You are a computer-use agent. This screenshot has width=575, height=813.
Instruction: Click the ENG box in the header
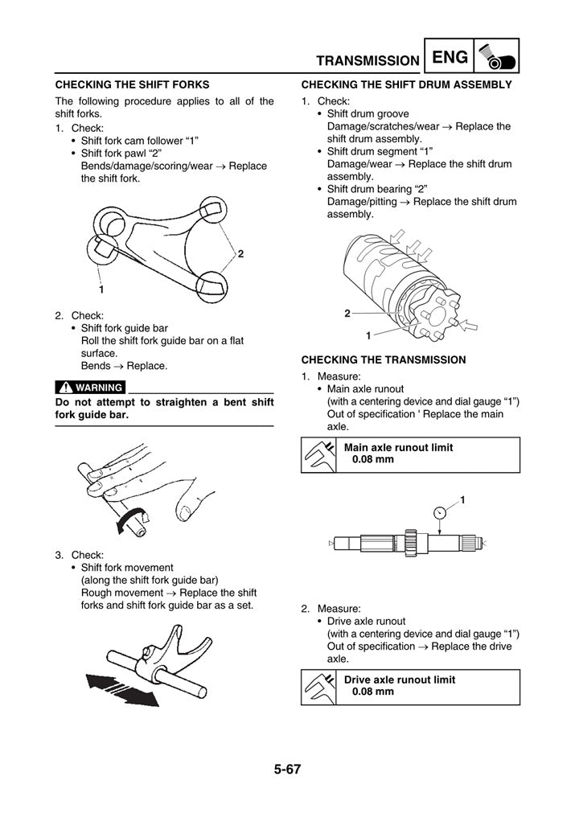pyautogui.click(x=449, y=57)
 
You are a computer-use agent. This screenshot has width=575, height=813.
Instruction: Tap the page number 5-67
pyautogui.click(x=287, y=769)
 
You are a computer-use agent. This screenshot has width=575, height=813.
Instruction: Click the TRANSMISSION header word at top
pyautogui.click(x=368, y=60)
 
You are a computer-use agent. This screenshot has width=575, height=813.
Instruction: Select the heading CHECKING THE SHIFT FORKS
pyautogui.click(x=132, y=84)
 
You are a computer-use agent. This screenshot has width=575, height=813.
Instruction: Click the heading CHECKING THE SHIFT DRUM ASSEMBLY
pyautogui.click(x=406, y=84)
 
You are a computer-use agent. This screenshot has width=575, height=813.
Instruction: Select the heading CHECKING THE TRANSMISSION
pyautogui.click(x=383, y=359)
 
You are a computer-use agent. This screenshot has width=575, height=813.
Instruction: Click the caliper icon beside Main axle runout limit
pyautogui.click(x=318, y=454)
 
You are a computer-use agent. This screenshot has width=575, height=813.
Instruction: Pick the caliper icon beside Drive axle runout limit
pyautogui.click(x=318, y=686)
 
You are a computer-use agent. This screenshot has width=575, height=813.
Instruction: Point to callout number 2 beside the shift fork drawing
pyautogui.click(x=240, y=254)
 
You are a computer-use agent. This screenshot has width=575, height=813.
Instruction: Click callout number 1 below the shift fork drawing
pyautogui.click(x=101, y=288)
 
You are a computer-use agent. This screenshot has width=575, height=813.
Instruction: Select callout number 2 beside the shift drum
pyautogui.click(x=347, y=313)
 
